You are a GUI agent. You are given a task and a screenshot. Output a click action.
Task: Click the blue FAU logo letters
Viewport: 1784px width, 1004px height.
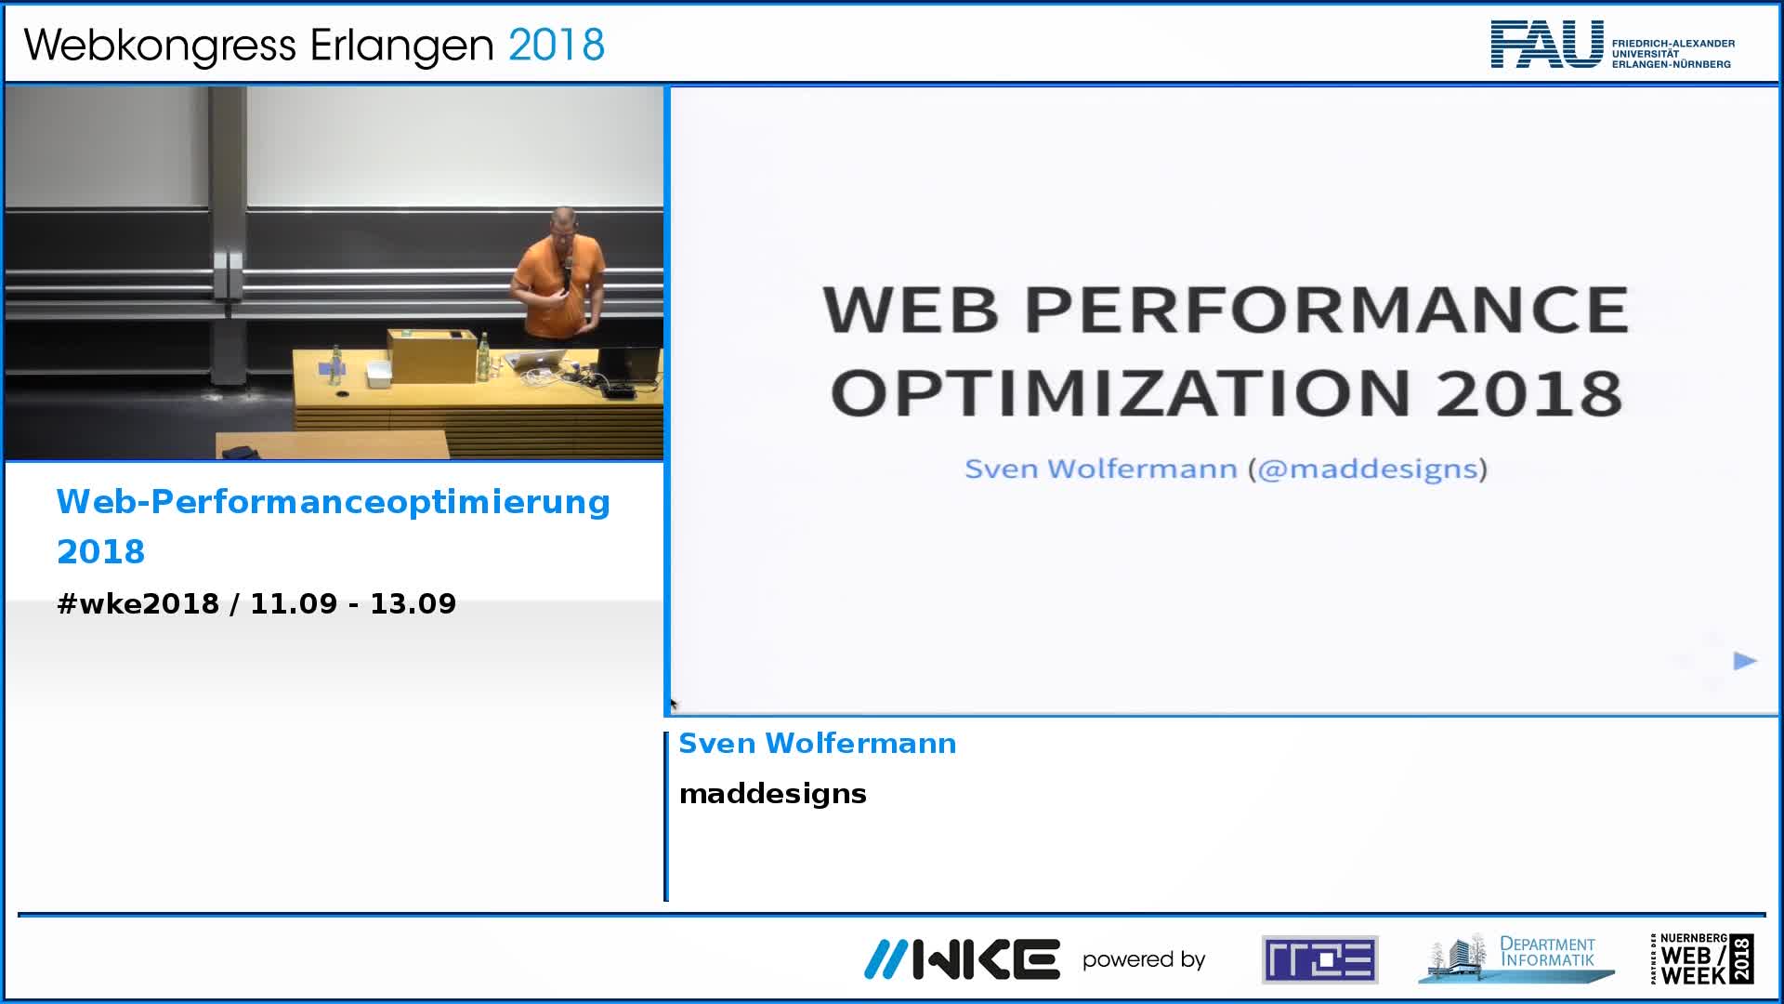coord(1547,44)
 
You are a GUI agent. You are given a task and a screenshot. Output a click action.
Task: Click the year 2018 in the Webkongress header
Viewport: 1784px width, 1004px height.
coord(557,45)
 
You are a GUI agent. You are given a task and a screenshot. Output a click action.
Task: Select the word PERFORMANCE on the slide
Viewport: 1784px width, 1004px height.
coord(1327,310)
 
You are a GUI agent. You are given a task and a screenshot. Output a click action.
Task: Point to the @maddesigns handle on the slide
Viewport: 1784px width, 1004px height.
coord(1368,469)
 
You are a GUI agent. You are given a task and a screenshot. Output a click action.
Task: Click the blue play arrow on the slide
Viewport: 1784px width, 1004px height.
coord(1745,661)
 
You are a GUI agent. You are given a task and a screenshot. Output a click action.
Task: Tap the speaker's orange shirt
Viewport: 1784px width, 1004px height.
coord(561,288)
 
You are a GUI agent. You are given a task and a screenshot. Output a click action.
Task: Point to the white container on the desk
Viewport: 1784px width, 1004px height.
coord(378,375)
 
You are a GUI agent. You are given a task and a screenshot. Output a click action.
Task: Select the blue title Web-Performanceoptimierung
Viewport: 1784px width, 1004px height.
coord(334,502)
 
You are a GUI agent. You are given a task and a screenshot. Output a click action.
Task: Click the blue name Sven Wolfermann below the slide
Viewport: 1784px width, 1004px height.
coord(818,744)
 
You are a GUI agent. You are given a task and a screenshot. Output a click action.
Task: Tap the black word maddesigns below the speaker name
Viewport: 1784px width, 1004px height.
coord(773,794)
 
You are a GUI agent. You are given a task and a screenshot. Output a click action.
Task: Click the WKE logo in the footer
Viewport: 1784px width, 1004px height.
coord(962,959)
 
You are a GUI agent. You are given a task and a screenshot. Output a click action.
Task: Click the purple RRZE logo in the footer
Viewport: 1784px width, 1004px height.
coord(1320,959)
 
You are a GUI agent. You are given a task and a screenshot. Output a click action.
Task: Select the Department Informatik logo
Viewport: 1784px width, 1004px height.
coord(1516,958)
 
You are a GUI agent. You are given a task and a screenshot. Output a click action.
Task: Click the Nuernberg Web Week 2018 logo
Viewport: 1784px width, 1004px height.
coord(1702,959)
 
